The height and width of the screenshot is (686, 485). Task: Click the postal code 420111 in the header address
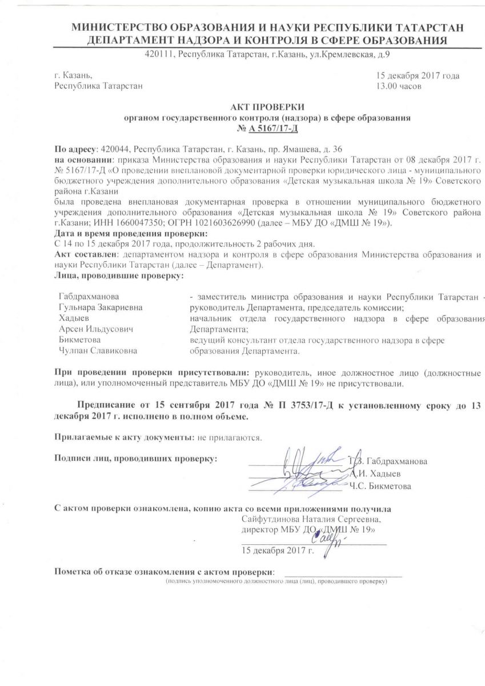point(161,55)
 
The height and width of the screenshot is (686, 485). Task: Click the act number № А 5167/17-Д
point(267,129)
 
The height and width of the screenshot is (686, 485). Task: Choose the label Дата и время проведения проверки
point(131,234)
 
